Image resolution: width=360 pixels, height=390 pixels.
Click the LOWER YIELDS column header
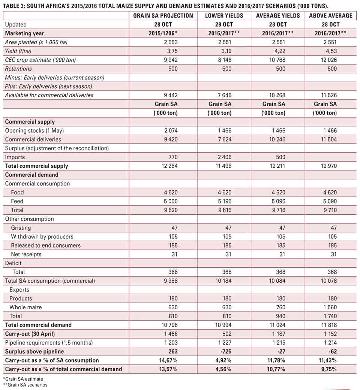click(224, 16)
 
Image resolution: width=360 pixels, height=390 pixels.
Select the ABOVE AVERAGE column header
click(331, 16)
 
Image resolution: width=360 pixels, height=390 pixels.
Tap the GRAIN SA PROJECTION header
click(163, 16)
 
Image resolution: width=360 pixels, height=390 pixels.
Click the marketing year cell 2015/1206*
click(163, 33)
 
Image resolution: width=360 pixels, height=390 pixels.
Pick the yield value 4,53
click(331, 51)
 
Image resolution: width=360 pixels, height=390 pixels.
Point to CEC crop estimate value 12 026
click(329, 60)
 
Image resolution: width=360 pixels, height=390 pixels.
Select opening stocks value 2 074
click(171, 131)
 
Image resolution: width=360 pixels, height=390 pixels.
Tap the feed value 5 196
click(225, 201)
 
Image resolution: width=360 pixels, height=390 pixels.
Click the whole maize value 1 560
click(330, 307)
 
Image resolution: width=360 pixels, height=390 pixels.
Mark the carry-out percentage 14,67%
click(168, 360)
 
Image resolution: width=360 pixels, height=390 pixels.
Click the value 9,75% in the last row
click(329, 369)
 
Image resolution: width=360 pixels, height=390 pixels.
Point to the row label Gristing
click(21, 228)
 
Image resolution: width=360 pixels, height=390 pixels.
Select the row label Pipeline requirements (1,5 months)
click(49, 343)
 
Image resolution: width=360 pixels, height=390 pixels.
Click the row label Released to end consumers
click(46, 245)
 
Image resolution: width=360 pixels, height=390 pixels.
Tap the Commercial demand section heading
click(31, 175)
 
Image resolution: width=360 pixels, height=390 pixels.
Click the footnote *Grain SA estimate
click(23, 379)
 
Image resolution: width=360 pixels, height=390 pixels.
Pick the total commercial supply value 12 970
click(329, 166)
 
